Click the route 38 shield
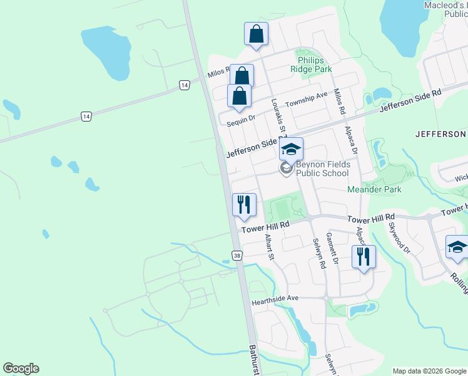pos(237,256)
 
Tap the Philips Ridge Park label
pos(311,65)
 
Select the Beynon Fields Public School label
pos(322,168)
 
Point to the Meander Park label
pos(374,189)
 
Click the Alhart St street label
pos(270,247)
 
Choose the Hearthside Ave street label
pos(275,301)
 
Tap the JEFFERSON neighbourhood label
pos(440,134)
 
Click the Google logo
pos(21,368)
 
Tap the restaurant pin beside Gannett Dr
pos(362,257)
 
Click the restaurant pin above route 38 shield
pos(244,204)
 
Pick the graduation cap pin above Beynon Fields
pos(291,149)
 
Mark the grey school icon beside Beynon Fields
pos(287,168)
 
